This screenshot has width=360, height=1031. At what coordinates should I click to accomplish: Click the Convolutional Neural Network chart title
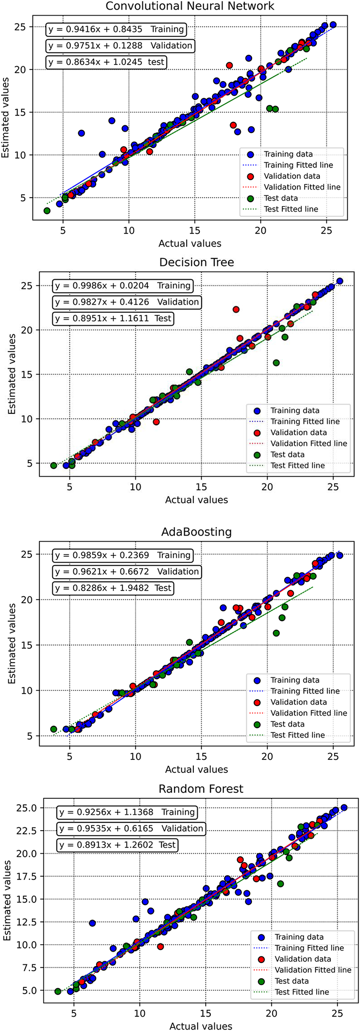(x=190, y=6)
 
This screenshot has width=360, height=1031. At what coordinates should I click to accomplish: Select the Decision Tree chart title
(x=196, y=262)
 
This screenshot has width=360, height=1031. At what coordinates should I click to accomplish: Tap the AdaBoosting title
(x=196, y=532)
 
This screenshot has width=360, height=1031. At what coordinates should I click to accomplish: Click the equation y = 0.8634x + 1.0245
(x=107, y=62)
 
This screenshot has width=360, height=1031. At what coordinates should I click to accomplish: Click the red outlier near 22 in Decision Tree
(x=236, y=309)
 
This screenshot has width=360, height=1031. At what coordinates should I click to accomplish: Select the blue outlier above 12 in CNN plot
(x=81, y=133)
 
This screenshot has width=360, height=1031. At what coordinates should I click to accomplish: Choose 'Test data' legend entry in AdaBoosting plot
(x=287, y=724)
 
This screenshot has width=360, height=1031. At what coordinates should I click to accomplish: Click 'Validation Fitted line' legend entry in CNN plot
(x=302, y=187)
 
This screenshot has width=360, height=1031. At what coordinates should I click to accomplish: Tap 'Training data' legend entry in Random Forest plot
(x=299, y=937)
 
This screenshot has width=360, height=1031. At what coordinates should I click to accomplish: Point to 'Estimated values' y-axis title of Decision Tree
(x=12, y=374)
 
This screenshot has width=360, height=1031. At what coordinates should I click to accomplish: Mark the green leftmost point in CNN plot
(x=47, y=211)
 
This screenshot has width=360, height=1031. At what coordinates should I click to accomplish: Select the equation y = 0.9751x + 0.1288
(x=120, y=45)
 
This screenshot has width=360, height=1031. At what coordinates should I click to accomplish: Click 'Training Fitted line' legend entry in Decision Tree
(x=305, y=422)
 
